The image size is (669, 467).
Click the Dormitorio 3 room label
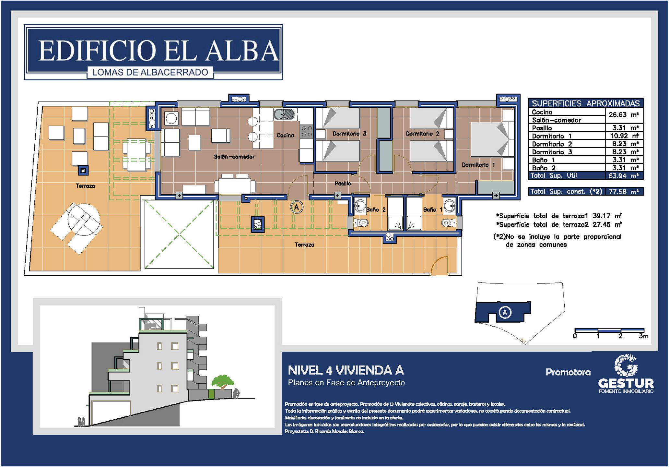349,134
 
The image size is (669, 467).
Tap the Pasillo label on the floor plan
343,184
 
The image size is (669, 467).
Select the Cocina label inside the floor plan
285,135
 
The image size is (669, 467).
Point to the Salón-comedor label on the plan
234,157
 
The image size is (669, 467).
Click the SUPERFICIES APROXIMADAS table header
586,103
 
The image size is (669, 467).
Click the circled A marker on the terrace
296,207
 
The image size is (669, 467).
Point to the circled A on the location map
505,313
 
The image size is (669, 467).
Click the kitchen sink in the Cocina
284,114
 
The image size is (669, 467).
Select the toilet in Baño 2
360,223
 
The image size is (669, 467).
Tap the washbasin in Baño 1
449,206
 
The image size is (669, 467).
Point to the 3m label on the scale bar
643,336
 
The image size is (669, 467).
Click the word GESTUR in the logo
626,383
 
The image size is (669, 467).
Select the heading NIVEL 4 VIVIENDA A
346,370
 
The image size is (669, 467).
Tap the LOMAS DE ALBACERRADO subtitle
150,72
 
